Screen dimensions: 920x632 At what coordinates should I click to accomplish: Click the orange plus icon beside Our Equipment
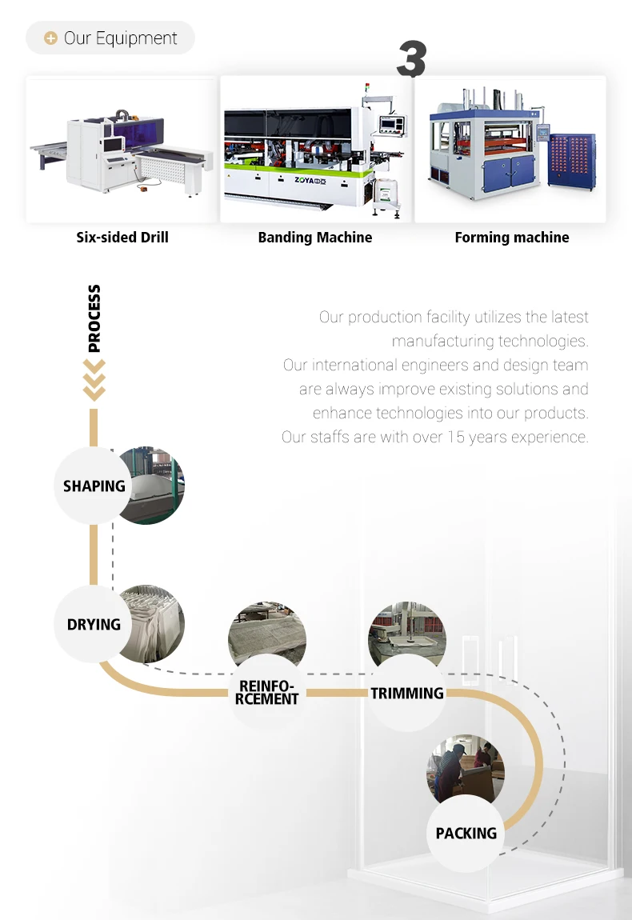point(50,38)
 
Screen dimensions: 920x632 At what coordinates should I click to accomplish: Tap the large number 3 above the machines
point(411,60)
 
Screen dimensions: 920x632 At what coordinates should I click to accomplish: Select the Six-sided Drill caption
point(122,238)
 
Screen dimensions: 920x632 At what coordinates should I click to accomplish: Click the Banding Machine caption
point(315,238)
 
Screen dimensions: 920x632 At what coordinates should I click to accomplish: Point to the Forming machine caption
point(512,238)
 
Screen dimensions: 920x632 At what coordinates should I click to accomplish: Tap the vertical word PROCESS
point(94,318)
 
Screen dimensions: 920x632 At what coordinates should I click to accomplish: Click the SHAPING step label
point(94,486)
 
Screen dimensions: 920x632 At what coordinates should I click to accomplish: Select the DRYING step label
point(94,624)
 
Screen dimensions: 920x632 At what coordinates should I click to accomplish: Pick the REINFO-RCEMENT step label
point(268,693)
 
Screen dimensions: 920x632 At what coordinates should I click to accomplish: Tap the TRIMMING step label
point(407,693)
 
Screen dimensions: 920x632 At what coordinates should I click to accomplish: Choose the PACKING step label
point(466,833)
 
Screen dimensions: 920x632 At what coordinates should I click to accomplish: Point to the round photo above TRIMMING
point(406,632)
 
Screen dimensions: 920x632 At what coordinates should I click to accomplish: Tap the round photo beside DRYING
point(156,624)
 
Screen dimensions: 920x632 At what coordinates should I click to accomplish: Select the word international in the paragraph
point(354,366)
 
